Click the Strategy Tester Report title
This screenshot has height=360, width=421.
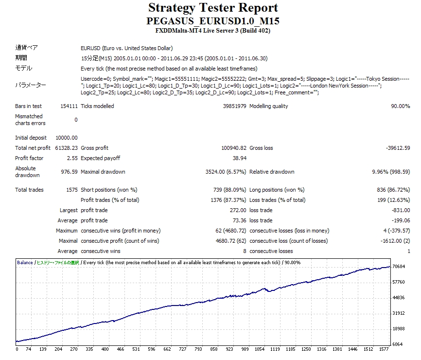[213, 8]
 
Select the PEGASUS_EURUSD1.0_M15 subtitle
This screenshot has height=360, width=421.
[213, 21]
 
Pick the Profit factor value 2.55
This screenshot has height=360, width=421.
[70, 158]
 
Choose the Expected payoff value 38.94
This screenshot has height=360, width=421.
[240, 158]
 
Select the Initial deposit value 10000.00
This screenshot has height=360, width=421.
[67, 138]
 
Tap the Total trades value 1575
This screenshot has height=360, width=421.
[71, 190]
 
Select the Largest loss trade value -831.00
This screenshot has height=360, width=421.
[401, 210]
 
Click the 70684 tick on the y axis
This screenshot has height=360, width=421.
[398, 267]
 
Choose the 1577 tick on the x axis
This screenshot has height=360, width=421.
[384, 349]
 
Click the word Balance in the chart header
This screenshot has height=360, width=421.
[25, 263]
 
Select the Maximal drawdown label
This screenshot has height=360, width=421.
[103, 172]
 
